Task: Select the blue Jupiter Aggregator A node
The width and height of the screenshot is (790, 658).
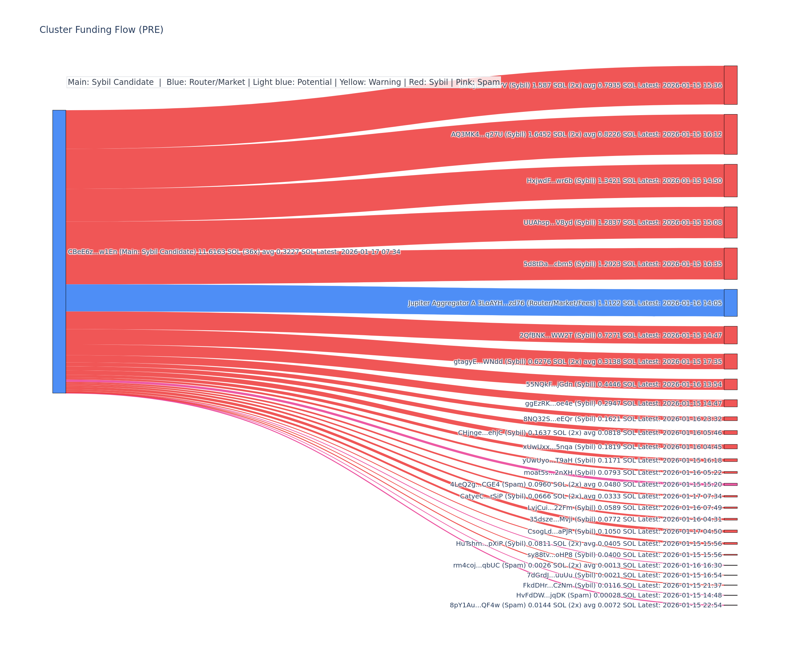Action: [x=730, y=303]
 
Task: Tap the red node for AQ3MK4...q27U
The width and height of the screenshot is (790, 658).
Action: [x=730, y=134]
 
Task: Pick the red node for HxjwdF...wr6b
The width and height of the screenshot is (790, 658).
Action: [x=730, y=181]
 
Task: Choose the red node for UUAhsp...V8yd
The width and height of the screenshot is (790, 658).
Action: [x=730, y=222]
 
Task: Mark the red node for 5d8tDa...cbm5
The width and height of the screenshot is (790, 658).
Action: [x=730, y=264]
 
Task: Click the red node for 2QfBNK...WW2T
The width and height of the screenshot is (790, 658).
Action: [x=730, y=335]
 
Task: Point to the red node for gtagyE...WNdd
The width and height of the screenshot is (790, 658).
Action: [x=730, y=361]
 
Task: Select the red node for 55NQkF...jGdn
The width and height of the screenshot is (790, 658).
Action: [x=730, y=384]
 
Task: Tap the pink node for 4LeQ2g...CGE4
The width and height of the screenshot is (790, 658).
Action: [x=730, y=484]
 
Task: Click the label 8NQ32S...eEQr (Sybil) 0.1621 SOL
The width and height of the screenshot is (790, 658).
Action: [x=622, y=419]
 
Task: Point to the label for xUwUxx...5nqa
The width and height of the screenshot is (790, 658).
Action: [x=622, y=447]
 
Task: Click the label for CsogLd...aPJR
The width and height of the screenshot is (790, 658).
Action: [x=624, y=531]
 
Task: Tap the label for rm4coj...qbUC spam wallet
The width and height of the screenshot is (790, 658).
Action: [x=587, y=565]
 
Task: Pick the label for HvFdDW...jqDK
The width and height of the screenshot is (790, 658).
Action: [x=619, y=595]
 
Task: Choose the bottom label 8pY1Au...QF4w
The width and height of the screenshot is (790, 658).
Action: [x=586, y=605]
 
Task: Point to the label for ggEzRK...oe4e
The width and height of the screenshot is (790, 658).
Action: [x=623, y=403]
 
